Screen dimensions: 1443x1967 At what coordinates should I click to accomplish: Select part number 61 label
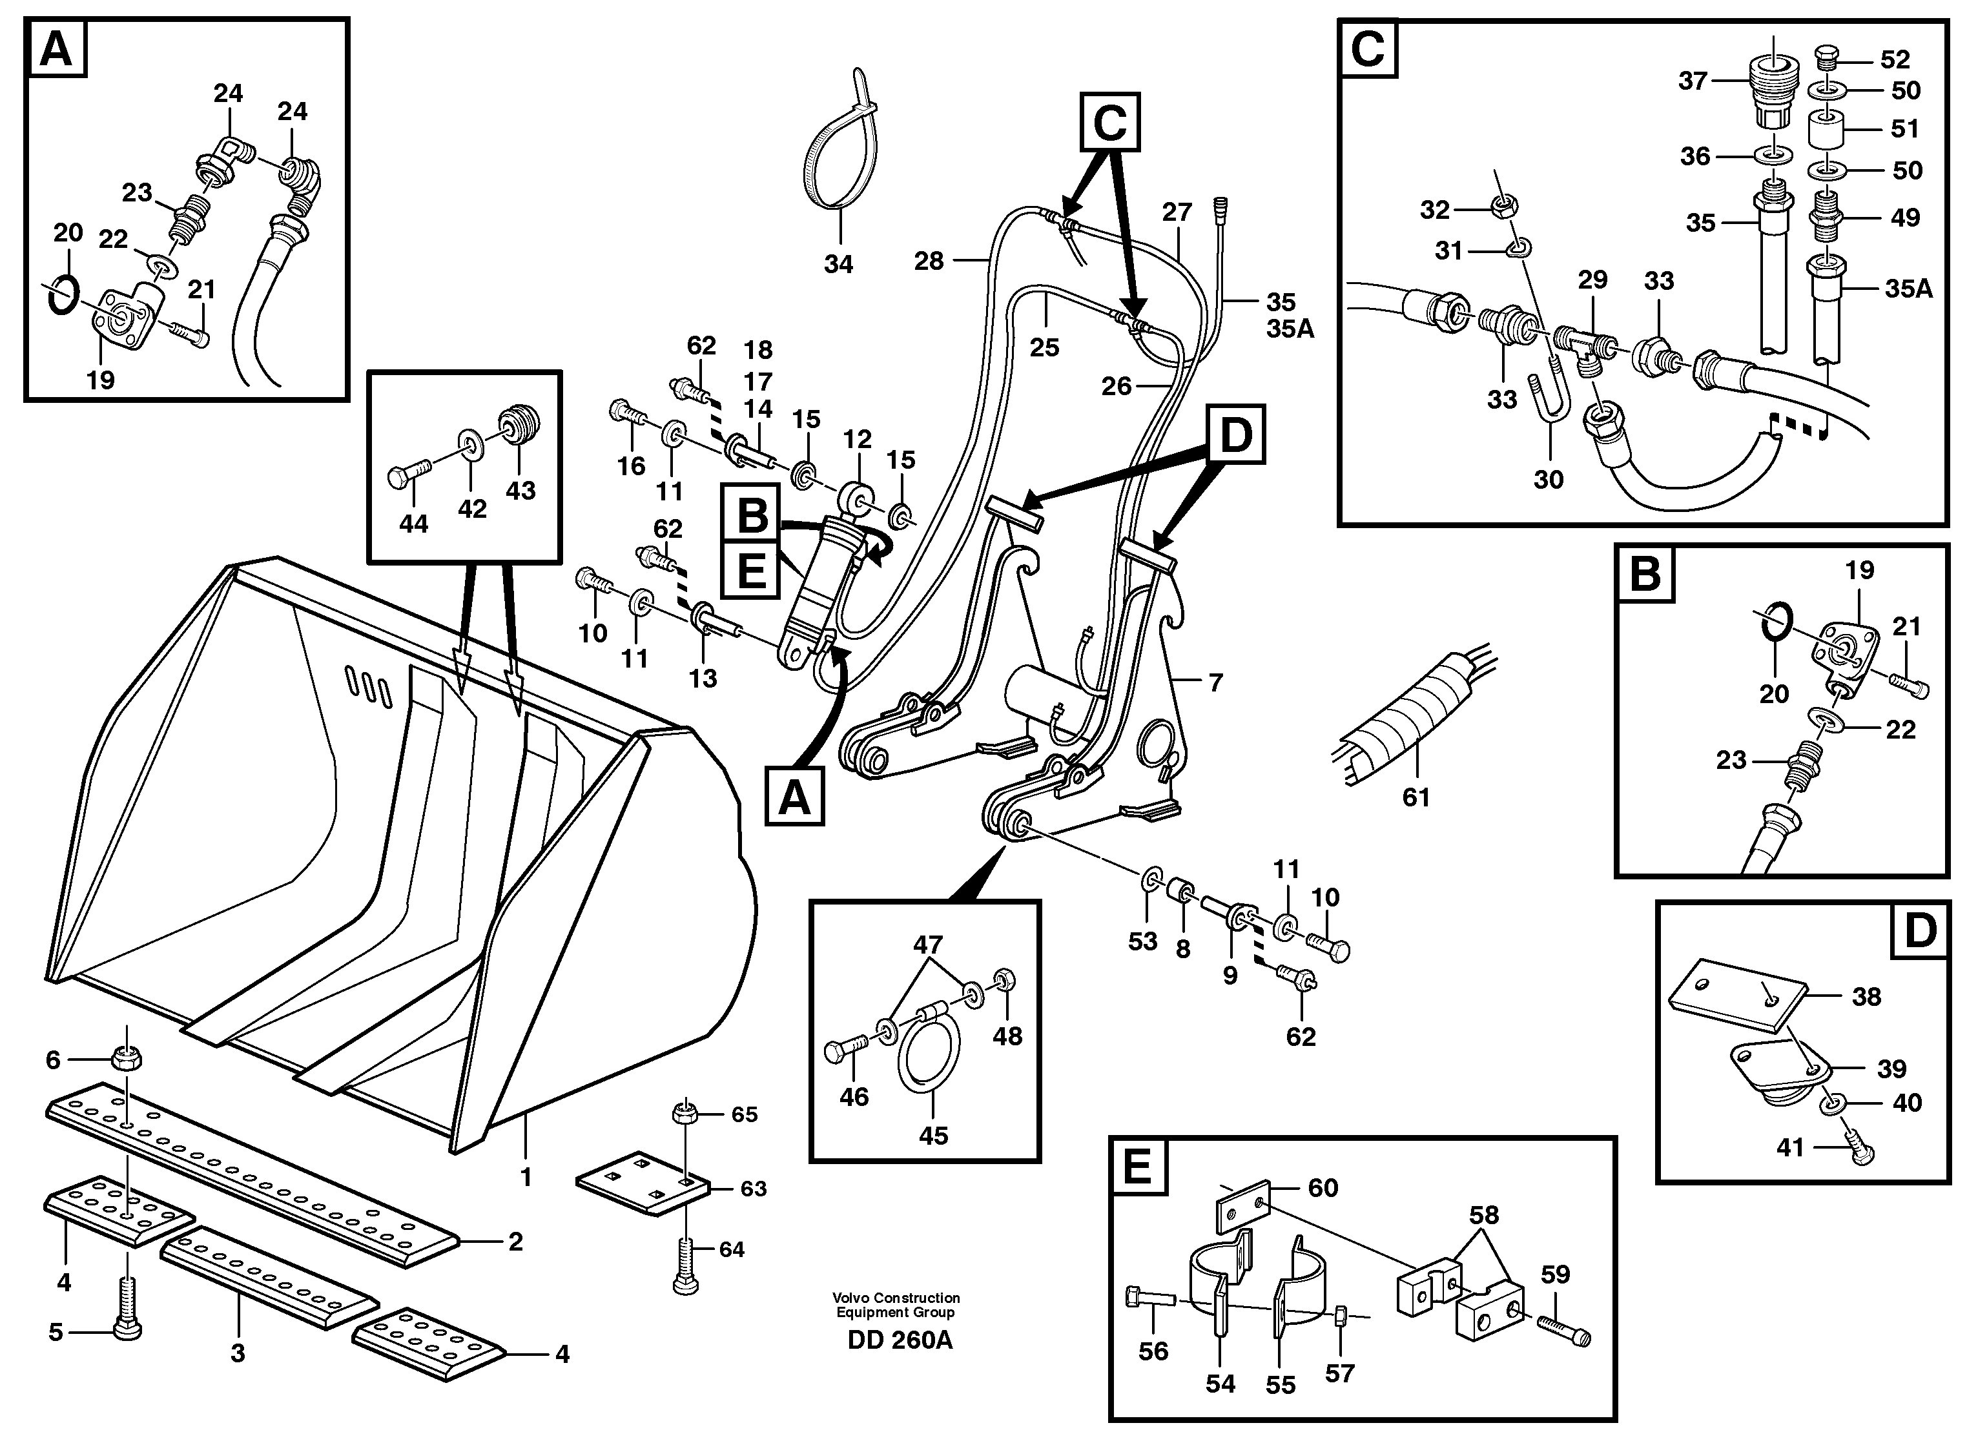click(x=1416, y=797)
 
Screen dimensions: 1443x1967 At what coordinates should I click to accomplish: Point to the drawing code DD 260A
click(x=900, y=1340)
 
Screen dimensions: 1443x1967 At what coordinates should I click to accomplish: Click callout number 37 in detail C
click(x=1692, y=81)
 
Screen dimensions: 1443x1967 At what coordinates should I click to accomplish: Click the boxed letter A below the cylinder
click(x=794, y=797)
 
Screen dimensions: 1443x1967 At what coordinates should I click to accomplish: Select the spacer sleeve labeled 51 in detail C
click(x=1826, y=131)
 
